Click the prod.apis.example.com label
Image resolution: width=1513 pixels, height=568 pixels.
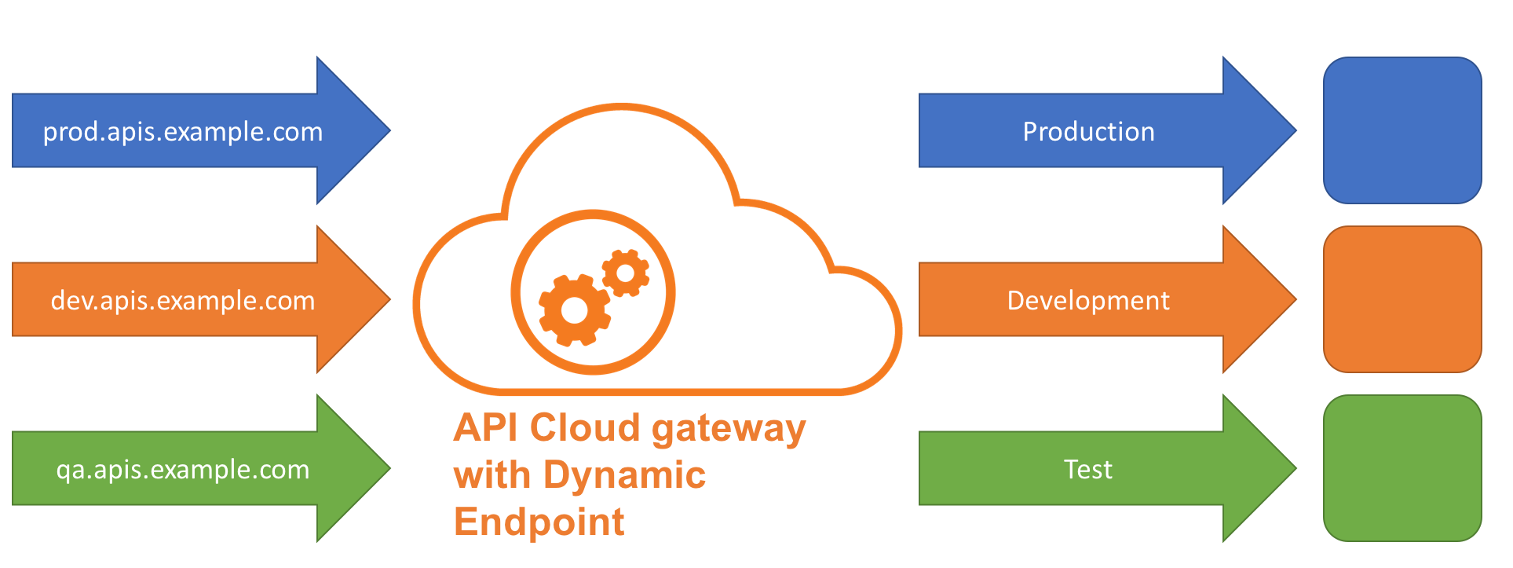(x=182, y=132)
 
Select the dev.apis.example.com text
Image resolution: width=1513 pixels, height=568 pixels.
(x=182, y=301)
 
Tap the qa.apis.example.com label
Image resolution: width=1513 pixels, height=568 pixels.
(x=182, y=470)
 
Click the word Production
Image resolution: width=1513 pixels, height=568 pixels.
(x=1088, y=132)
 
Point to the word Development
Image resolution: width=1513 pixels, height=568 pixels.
(x=1088, y=301)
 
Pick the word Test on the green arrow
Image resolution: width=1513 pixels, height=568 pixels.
(x=1088, y=470)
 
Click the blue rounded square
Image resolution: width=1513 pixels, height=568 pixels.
(x=1402, y=130)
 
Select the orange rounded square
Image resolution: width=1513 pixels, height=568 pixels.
(x=1402, y=299)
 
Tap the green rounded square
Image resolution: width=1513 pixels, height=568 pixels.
(x=1402, y=468)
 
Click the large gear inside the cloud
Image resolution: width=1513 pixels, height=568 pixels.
(x=575, y=310)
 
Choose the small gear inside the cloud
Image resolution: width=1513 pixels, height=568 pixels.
(x=626, y=273)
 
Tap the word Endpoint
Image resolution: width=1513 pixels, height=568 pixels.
(x=539, y=522)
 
